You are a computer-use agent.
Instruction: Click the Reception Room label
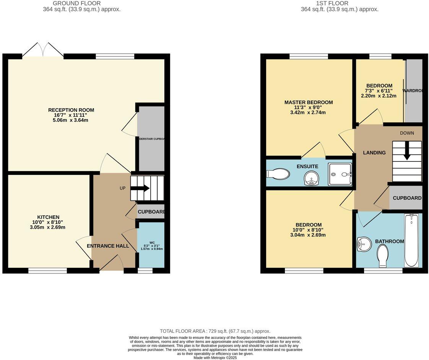[71, 110]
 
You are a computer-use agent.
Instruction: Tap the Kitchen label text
[48, 217]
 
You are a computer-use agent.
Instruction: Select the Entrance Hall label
[108, 246]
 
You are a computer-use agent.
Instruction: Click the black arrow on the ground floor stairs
[141, 188]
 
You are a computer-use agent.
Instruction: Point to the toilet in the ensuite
[278, 174]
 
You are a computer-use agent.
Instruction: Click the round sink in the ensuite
[312, 178]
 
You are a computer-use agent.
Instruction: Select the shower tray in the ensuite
[340, 174]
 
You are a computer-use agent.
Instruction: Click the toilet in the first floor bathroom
[382, 255]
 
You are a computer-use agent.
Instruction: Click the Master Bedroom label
[308, 103]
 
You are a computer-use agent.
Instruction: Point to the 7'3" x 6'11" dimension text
[379, 91]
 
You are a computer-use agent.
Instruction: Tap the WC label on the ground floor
[152, 242]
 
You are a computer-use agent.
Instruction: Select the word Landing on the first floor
[374, 153]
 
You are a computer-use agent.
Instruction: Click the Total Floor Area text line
[214, 331]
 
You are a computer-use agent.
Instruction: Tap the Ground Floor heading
[76, 3]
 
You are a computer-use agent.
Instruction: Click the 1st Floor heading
[327, 3]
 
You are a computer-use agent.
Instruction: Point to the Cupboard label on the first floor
[407, 198]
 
